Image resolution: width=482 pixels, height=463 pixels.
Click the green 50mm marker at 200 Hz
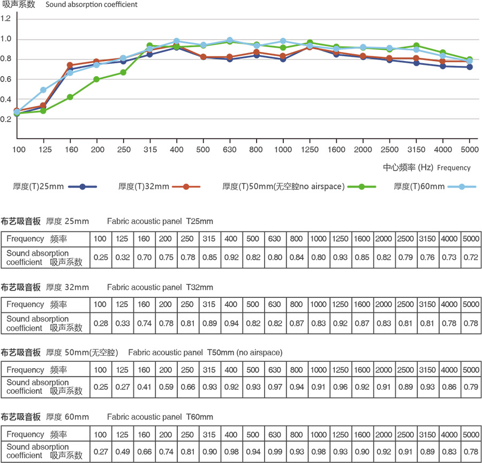coord(96,79)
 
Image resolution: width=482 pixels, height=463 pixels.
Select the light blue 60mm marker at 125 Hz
coord(43,90)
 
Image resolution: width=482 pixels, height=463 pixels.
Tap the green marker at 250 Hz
coord(123,72)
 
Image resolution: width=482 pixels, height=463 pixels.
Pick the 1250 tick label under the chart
coord(310,148)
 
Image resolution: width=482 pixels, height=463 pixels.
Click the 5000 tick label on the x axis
coord(469,148)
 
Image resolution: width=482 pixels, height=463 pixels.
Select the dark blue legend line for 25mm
coord(83,186)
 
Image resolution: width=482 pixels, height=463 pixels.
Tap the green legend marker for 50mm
coord(361,186)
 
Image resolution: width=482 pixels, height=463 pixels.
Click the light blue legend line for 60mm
coord(462,186)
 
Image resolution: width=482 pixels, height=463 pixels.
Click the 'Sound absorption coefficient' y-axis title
coord(92,5)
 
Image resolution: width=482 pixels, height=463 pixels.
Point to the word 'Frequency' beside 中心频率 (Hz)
coord(454,168)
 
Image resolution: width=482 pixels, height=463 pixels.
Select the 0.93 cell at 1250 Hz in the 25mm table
coord(340,258)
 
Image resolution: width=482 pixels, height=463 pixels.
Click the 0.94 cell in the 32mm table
coord(231,323)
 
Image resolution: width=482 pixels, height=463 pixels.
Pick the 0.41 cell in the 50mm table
coord(144,387)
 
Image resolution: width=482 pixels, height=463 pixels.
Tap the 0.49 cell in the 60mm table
coord(122,451)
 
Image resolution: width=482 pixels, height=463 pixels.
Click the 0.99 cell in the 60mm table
coord(275,451)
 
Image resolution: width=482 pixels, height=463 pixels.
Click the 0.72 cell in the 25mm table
coord(471,258)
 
